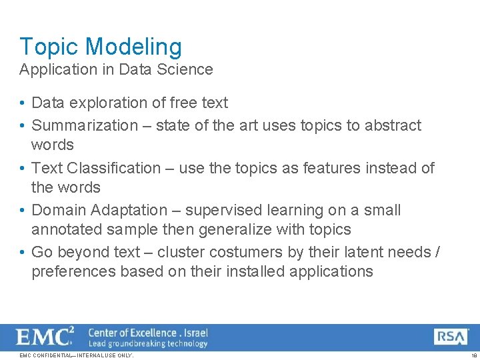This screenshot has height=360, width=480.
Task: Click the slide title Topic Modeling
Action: click(101, 47)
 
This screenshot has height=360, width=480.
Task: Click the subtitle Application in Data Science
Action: click(116, 69)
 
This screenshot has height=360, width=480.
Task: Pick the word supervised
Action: click(224, 210)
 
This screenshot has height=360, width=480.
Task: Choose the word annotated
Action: click(63, 229)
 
